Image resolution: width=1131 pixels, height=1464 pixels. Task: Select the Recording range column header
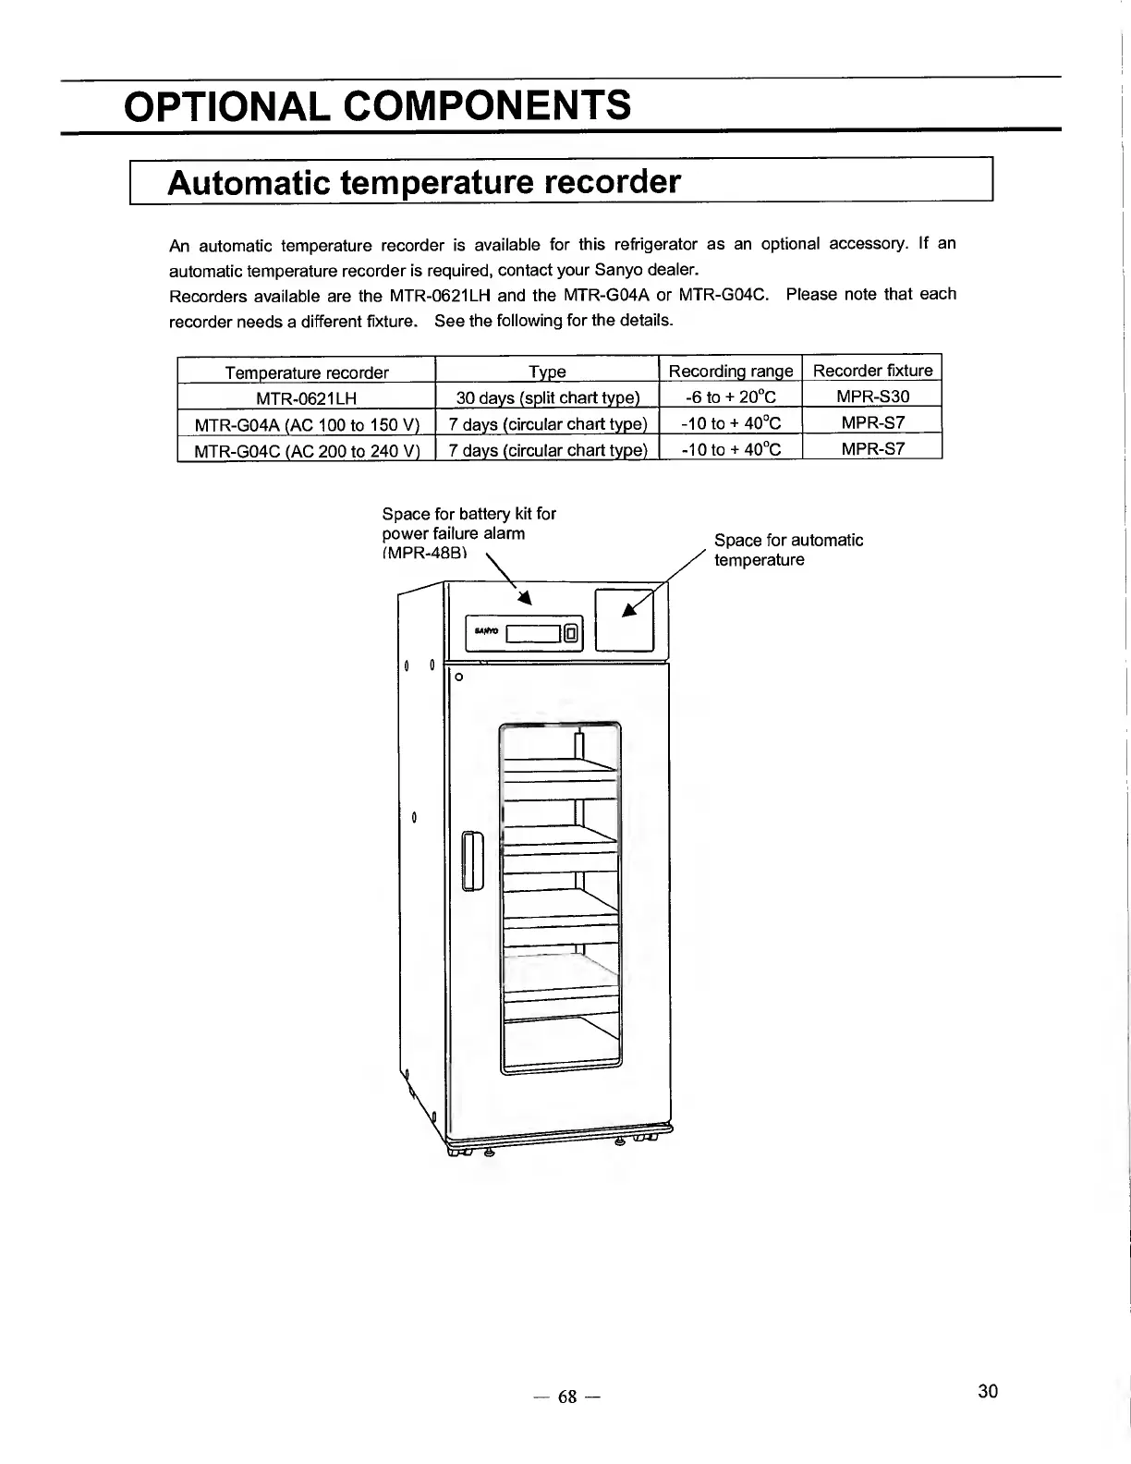pyautogui.click(x=730, y=372)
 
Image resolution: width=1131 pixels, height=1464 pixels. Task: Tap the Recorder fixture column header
pyautogui.click(x=872, y=371)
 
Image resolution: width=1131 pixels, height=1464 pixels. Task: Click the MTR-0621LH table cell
pyautogui.click(x=306, y=398)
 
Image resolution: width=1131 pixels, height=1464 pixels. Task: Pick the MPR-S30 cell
pyautogui.click(x=872, y=396)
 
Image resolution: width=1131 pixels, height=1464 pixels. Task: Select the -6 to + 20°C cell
pyautogui.click(x=730, y=397)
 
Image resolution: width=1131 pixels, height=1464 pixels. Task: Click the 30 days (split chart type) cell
pyautogui.click(x=547, y=398)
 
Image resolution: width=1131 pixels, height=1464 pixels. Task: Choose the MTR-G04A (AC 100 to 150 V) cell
pyautogui.click(x=307, y=424)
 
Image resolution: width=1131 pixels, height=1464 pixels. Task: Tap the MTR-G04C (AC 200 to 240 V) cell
pyautogui.click(x=307, y=451)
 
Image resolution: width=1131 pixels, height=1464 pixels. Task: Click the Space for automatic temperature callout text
pyautogui.click(x=788, y=550)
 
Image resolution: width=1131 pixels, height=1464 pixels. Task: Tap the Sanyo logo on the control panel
pyautogui.click(x=486, y=632)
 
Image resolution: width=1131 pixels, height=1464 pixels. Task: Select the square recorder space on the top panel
pyautogui.click(x=625, y=619)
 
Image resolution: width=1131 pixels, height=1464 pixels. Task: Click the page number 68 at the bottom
pyautogui.click(x=566, y=1397)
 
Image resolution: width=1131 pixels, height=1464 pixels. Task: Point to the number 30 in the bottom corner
pyautogui.click(x=987, y=1391)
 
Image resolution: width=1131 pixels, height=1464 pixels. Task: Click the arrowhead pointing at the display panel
pyautogui.click(x=524, y=598)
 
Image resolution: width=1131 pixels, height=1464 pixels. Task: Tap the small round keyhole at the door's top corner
pyautogui.click(x=456, y=677)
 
